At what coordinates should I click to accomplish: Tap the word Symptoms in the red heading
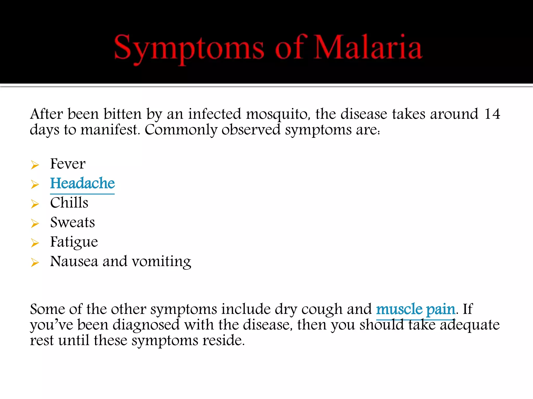(189, 49)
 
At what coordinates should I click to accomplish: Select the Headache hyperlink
(82, 183)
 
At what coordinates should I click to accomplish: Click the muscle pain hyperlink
(415, 309)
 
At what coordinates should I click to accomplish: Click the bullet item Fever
(68, 164)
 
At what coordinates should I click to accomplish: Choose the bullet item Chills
(69, 203)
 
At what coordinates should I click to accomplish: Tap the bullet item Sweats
(72, 222)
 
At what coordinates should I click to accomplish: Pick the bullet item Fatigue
(74, 242)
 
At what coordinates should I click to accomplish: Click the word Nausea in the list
(74, 261)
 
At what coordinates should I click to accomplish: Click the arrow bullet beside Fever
(35, 165)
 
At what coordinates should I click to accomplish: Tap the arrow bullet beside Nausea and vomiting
(35, 262)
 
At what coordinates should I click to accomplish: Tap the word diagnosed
(146, 325)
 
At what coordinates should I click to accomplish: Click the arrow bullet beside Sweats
(35, 223)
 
